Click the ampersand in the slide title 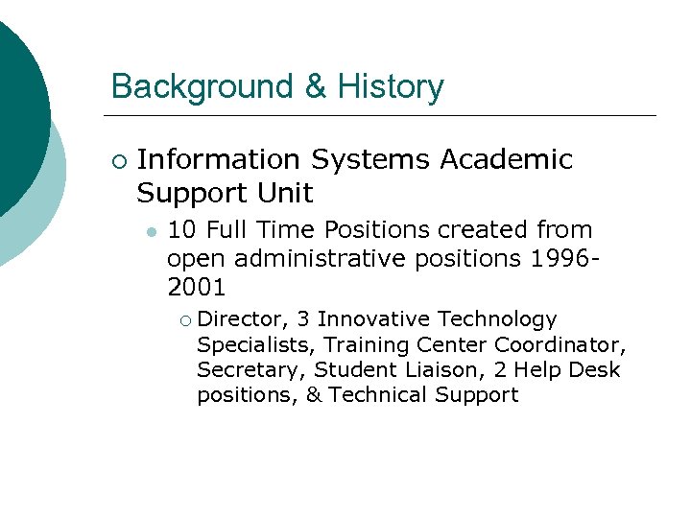[316, 86]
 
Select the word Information [219, 159]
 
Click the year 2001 [197, 286]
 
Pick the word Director [244, 319]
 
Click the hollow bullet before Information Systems [117, 160]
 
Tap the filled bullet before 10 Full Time [152, 232]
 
